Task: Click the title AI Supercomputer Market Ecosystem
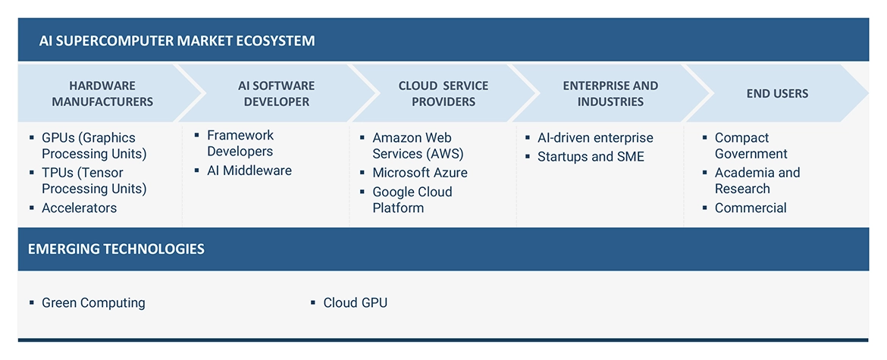(177, 40)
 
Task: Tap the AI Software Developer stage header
(276, 93)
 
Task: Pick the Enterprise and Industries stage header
(610, 93)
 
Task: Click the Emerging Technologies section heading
(116, 249)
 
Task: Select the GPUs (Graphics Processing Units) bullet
(94, 146)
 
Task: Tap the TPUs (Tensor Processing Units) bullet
(94, 180)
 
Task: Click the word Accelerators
(80, 208)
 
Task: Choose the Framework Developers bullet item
(240, 143)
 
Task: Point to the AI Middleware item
(249, 171)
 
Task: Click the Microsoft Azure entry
(420, 173)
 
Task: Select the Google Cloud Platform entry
(412, 199)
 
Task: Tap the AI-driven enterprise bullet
(595, 138)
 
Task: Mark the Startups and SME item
(591, 157)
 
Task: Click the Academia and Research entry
(757, 180)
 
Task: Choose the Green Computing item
(93, 302)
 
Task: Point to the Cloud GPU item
(355, 302)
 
